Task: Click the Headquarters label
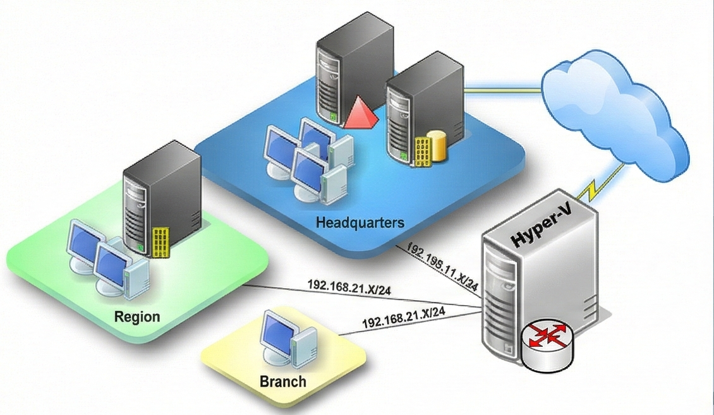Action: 360,223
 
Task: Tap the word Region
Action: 137,316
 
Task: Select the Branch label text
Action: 282,382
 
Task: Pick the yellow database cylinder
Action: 436,146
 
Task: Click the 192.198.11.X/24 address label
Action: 442,265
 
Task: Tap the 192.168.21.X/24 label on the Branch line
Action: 404,317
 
